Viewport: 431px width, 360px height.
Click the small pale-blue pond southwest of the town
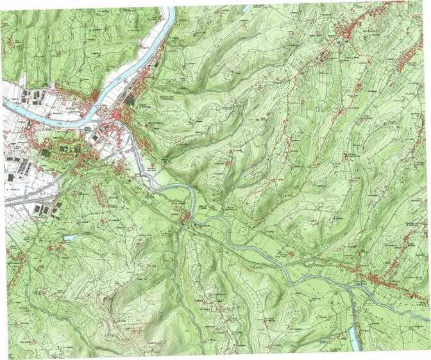tap(69, 238)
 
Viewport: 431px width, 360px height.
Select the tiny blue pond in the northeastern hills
tap(317, 110)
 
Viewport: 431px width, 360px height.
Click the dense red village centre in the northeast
tap(350, 30)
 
